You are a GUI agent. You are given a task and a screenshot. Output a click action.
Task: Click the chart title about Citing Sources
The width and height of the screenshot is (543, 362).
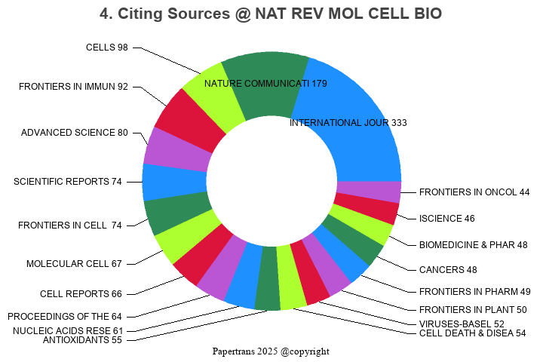271,14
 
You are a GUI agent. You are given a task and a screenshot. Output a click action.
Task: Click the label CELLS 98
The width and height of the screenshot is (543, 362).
106,48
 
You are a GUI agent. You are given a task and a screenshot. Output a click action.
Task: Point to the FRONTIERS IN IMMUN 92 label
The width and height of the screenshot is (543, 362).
73,87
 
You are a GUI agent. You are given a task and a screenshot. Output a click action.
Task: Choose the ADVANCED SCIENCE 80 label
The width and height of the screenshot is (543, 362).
74,133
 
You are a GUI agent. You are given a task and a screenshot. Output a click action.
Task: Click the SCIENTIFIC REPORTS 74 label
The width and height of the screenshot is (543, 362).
68,182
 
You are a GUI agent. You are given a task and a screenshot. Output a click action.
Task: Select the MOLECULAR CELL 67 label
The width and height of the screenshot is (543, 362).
74,264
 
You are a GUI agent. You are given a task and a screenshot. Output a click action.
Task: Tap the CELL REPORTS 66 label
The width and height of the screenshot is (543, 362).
81,293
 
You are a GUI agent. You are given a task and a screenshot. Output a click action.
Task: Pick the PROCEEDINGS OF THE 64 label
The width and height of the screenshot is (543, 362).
64,317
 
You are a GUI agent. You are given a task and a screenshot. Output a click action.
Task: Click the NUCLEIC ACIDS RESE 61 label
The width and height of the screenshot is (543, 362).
67,330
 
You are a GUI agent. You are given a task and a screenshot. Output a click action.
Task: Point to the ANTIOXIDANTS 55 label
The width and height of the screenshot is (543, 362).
82,340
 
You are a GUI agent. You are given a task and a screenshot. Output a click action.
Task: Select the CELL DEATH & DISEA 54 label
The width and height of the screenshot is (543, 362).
472,333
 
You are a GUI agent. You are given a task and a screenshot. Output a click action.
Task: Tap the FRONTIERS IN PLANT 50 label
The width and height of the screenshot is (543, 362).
472,309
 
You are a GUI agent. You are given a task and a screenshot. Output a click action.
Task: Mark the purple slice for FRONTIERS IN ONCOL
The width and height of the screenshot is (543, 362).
368,192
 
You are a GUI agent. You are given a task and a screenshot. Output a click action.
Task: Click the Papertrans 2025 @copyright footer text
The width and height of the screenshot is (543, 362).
271,351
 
